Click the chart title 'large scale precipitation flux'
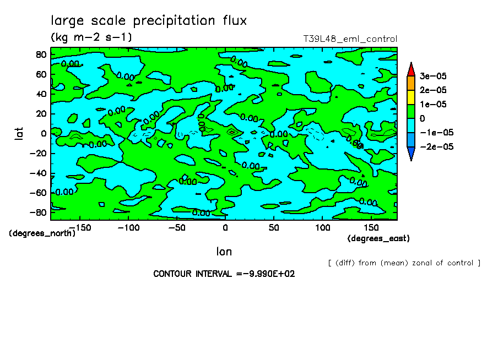point(149,21)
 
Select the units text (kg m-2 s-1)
point(91,37)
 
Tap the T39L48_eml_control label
point(350,39)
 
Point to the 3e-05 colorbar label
point(434,75)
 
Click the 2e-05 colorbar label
point(434,90)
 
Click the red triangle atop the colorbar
point(410,69)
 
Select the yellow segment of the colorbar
point(410,97)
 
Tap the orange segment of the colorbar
point(410,83)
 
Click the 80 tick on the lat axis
point(40,54)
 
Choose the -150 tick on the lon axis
point(79,227)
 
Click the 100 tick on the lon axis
point(322,227)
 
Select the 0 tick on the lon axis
point(225,227)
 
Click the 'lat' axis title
point(19,133)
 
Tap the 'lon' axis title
point(224,252)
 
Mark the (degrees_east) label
point(378,238)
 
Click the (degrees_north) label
point(42,233)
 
